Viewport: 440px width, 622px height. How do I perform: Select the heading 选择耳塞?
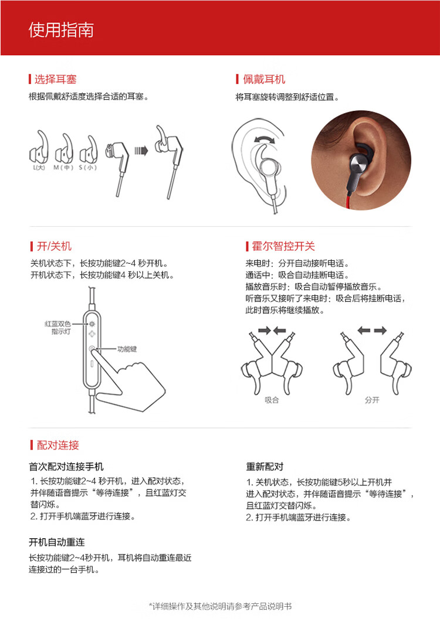(55, 79)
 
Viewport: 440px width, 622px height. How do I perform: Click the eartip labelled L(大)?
(39, 149)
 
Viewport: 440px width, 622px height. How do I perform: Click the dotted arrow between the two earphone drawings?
(141, 151)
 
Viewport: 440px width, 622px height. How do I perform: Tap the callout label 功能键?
(127, 349)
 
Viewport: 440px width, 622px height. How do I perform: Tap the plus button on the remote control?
(92, 334)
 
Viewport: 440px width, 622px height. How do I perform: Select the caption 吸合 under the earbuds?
(272, 400)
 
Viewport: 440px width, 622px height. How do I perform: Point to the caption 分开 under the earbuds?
(372, 400)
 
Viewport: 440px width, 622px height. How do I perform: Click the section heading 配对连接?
(57, 445)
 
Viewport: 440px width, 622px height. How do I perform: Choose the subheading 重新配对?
(265, 467)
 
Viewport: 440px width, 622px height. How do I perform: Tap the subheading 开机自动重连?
(57, 542)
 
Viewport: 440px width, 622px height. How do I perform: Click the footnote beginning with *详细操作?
(220, 606)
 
